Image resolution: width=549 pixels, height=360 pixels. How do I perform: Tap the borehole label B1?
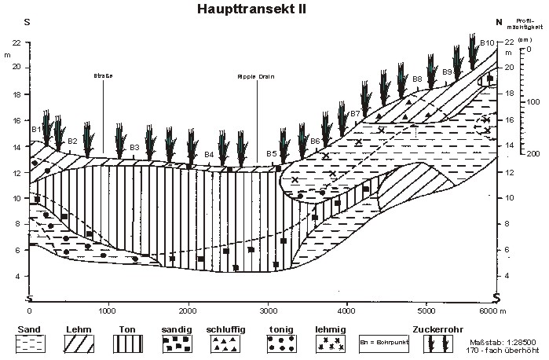click(35, 129)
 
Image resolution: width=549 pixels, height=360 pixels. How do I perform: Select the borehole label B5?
click(272, 153)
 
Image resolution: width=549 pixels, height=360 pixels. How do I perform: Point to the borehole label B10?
click(487, 42)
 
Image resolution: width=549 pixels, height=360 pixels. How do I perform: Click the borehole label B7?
click(355, 114)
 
